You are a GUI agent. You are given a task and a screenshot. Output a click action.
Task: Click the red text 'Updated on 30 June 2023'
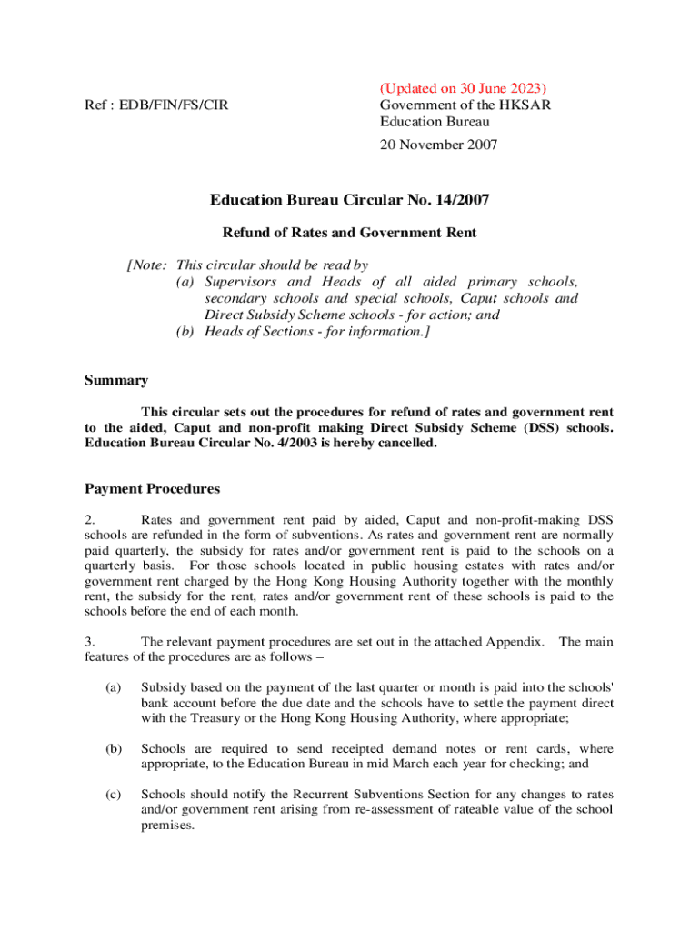[463, 89]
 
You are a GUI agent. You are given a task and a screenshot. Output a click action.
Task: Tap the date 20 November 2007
[438, 144]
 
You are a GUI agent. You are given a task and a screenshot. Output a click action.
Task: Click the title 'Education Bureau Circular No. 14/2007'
[349, 200]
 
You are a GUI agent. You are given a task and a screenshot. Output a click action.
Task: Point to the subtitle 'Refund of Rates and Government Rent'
[349, 233]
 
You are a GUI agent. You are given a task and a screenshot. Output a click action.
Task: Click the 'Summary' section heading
[116, 380]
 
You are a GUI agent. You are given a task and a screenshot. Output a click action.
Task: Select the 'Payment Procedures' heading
[152, 488]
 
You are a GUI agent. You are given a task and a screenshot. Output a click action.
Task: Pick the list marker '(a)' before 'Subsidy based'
[113, 687]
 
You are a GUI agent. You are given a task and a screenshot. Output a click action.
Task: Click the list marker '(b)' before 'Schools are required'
[113, 749]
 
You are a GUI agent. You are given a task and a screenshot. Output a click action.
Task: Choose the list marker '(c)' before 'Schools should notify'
[113, 795]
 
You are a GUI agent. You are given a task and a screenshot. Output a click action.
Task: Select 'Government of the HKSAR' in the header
[465, 105]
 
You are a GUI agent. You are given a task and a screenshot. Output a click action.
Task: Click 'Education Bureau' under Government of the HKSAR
[434, 121]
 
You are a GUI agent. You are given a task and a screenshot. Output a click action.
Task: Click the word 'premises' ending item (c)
[168, 826]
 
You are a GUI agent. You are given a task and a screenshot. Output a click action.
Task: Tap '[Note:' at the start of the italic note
[146, 265]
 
